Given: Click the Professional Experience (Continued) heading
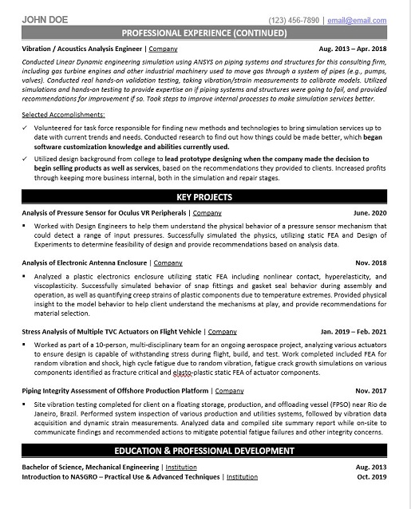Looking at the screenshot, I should [205, 34].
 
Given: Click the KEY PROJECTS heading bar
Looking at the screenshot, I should [205, 196].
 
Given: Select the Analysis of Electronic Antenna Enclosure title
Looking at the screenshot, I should [84, 262].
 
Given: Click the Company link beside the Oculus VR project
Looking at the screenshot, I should [207, 213].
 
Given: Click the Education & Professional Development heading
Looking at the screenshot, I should [205, 451].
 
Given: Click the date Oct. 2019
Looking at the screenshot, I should [373, 476].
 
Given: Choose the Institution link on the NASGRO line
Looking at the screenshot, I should [242, 476].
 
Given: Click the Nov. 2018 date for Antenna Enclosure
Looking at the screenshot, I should [372, 262].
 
